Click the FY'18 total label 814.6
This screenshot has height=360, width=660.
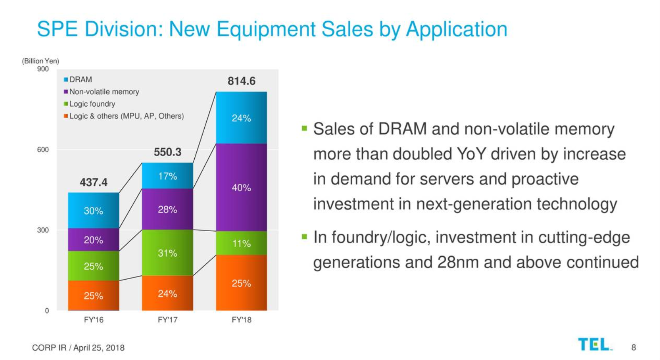tap(241, 81)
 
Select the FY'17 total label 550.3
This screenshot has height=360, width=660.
tap(168, 152)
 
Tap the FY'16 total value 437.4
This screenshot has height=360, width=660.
tap(93, 182)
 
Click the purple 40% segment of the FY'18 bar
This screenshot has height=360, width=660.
tap(241, 187)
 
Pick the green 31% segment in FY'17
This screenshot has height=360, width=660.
tap(168, 253)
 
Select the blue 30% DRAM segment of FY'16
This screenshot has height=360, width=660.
tap(93, 211)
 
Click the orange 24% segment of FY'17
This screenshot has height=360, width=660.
tap(168, 294)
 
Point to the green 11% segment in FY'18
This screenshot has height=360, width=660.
tap(241, 243)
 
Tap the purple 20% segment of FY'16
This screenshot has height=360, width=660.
tap(93, 240)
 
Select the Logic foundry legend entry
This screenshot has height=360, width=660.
tap(89, 104)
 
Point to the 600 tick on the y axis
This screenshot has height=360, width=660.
tap(43, 150)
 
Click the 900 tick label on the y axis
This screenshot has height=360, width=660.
tap(43, 69)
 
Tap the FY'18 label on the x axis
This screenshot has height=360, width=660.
tap(241, 320)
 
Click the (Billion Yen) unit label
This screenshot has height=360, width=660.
tap(40, 61)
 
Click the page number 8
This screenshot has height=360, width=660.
tap(633, 347)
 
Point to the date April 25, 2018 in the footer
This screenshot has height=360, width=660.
tap(99, 347)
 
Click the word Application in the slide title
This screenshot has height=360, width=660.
tap(457, 30)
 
